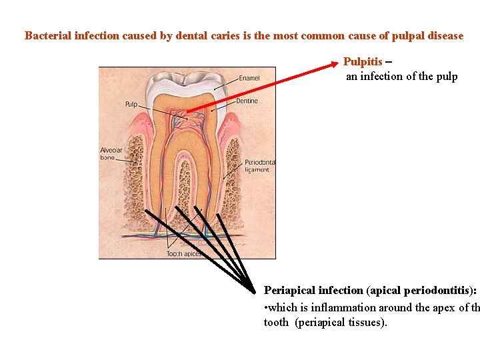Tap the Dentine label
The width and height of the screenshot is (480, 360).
(x=247, y=101)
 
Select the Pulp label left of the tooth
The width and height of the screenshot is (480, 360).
(x=131, y=105)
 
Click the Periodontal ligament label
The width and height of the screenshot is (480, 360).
(x=259, y=166)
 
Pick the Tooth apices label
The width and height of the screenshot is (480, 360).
(x=182, y=254)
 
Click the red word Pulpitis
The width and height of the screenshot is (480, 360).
(x=363, y=62)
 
